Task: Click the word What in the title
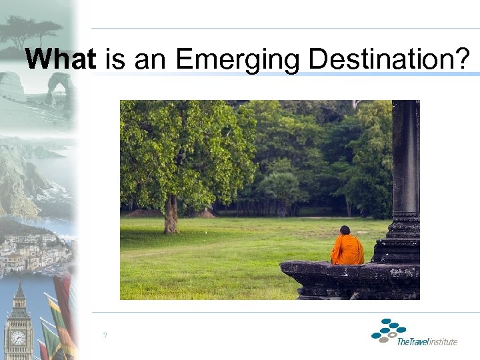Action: tap(60, 59)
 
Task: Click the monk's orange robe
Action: tap(347, 250)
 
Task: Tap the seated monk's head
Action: tap(345, 231)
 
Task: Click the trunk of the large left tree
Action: tap(171, 213)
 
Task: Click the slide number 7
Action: tap(105, 335)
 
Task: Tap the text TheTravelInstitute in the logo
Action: tap(427, 341)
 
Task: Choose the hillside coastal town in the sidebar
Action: tap(33, 250)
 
